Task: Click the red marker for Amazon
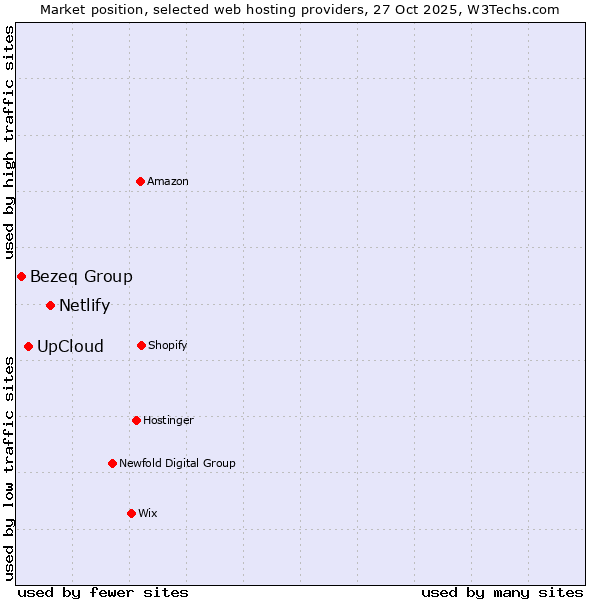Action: click(140, 181)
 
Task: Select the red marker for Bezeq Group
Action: click(21, 276)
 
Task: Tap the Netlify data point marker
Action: click(50, 305)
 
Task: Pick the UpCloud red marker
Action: click(28, 346)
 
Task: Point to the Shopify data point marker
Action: click(141, 345)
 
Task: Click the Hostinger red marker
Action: click(136, 420)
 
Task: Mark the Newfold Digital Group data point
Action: click(112, 463)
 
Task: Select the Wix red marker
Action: click(131, 513)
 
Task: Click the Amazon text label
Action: click(168, 181)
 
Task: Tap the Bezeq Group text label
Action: click(81, 277)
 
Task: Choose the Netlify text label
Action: click(84, 306)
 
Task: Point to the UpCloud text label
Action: click(70, 347)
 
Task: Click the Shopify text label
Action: click(168, 345)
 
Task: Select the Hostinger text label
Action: click(168, 420)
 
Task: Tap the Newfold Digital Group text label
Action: click(177, 463)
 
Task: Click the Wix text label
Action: click(148, 513)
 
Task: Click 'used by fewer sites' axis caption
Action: click(103, 592)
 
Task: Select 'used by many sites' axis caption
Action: click(502, 592)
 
